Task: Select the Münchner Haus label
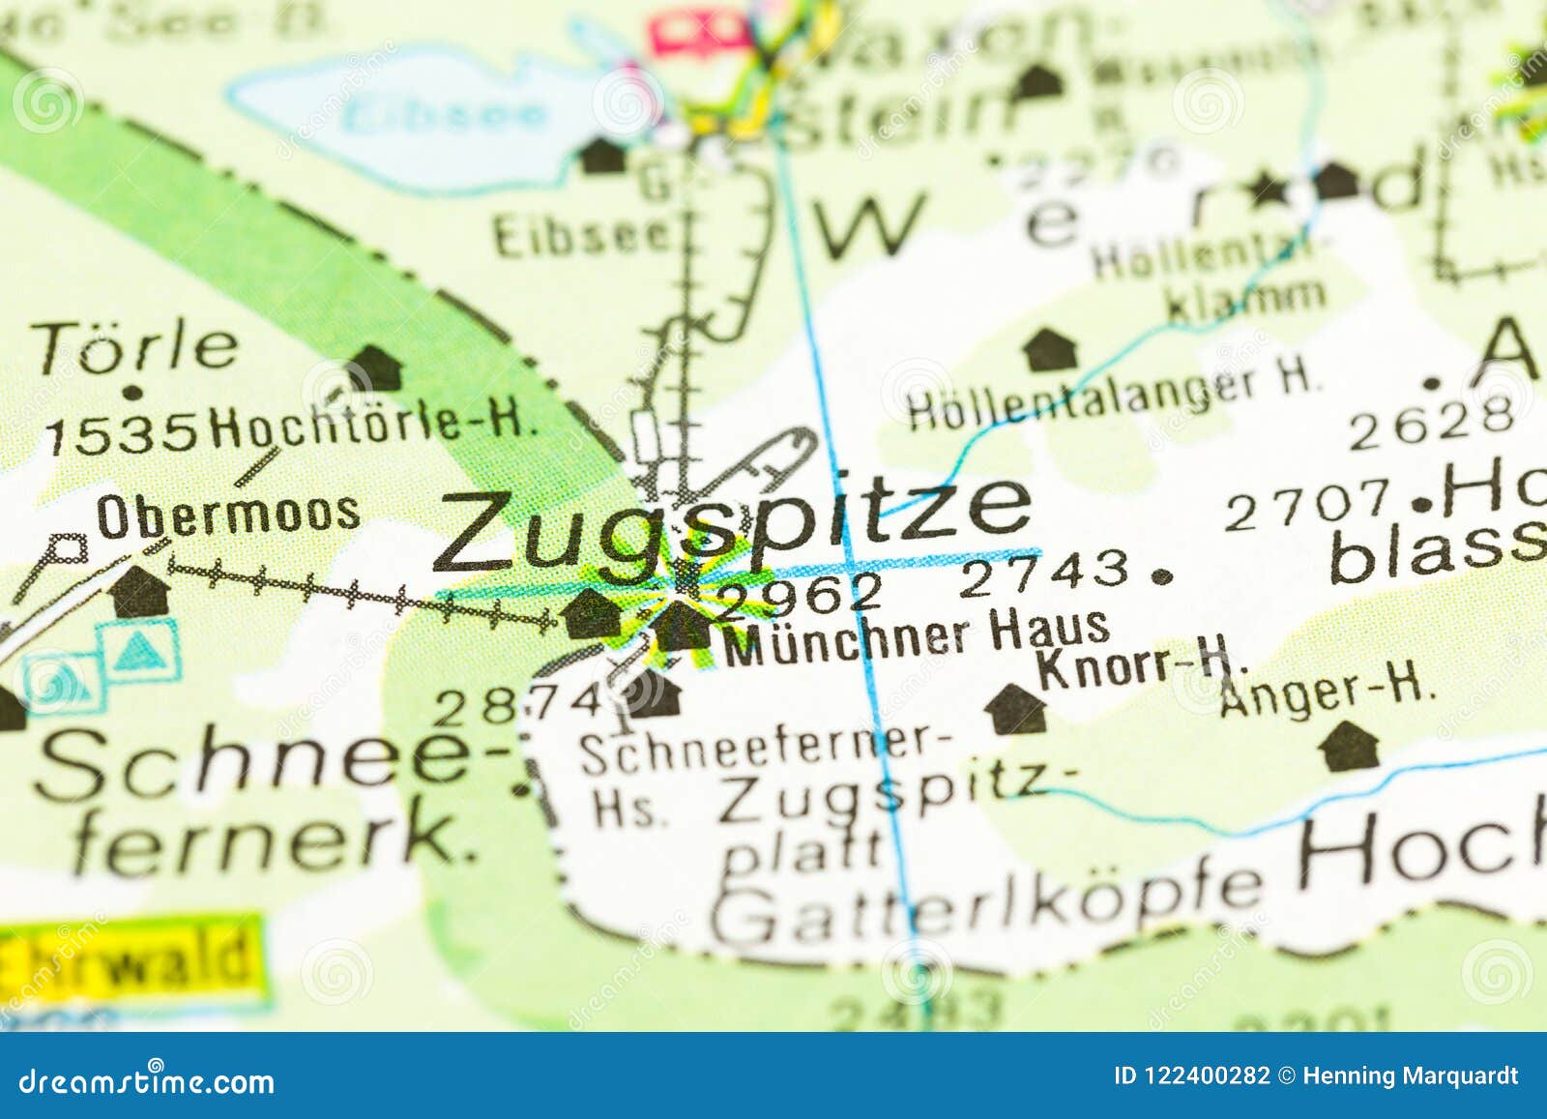[916, 635]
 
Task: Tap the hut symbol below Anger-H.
[1350, 746]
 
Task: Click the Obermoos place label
[228, 515]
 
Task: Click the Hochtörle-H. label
[373, 424]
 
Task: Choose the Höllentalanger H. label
[1112, 394]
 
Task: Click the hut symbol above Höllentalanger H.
[1050, 349]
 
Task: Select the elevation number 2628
[1431, 423]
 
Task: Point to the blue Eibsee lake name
[445, 114]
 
